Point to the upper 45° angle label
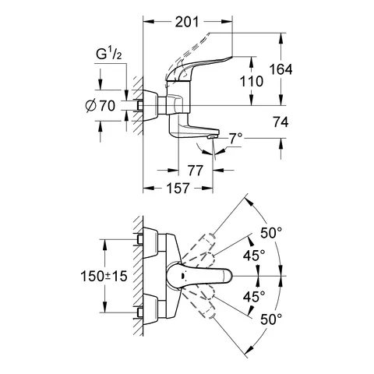[x=254, y=255]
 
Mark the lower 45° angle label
[x=254, y=297]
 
